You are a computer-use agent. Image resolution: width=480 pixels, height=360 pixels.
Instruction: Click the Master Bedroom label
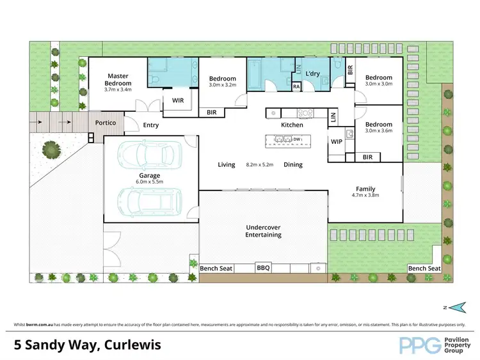coord(118,80)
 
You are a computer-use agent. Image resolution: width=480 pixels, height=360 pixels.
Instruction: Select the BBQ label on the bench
coord(263,269)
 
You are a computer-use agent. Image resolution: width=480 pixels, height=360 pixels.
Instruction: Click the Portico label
coord(106,122)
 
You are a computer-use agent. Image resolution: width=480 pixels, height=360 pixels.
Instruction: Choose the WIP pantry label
coord(336,142)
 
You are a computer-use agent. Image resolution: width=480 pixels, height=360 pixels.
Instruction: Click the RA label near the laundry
coord(296,86)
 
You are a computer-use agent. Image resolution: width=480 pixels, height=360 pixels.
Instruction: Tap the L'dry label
coord(312,74)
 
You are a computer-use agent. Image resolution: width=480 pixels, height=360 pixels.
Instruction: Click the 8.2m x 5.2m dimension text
coord(260,165)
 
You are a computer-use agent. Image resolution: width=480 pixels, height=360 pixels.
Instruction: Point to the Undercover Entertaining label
coord(263,231)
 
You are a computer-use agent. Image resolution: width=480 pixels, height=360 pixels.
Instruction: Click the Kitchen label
coord(292,125)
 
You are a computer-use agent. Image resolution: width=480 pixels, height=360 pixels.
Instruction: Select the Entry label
coord(151,125)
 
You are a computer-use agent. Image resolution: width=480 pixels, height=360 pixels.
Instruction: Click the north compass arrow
coord(456,308)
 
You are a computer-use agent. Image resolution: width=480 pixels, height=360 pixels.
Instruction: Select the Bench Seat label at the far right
coord(424,269)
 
